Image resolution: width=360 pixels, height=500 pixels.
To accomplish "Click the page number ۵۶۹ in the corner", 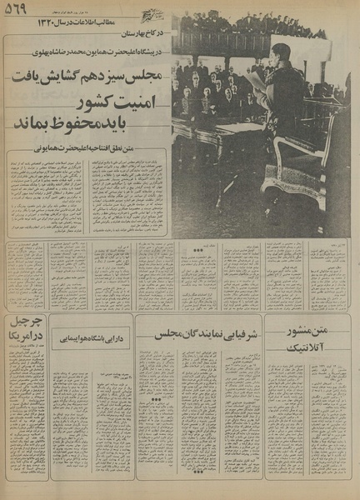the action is tap(16, 9).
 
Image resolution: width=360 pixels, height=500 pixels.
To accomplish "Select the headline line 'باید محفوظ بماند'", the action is tap(90, 126).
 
